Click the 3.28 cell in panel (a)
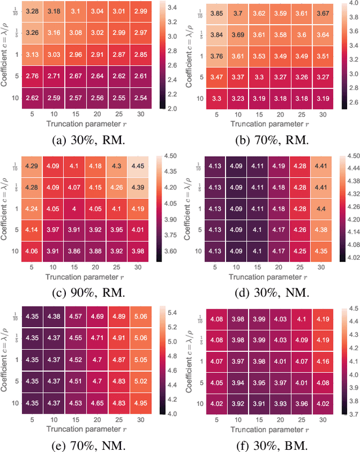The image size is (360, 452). (33, 11)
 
